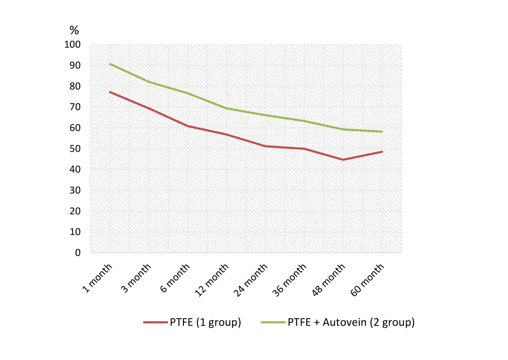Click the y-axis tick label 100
[72, 45]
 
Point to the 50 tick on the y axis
[75, 149]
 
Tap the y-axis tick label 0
[77, 252]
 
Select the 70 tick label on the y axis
[75, 107]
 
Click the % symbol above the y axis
[74, 30]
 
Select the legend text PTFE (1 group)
[205, 323]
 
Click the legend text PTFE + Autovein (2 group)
[351, 323]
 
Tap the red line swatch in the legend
[156, 323]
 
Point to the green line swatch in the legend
[273, 323]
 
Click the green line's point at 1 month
[110, 64]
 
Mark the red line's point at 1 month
[110, 92]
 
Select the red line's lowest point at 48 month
[343, 160]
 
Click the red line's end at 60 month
[382, 151]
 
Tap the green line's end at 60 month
[382, 131]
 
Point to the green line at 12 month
[227, 108]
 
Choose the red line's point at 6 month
[188, 126]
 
